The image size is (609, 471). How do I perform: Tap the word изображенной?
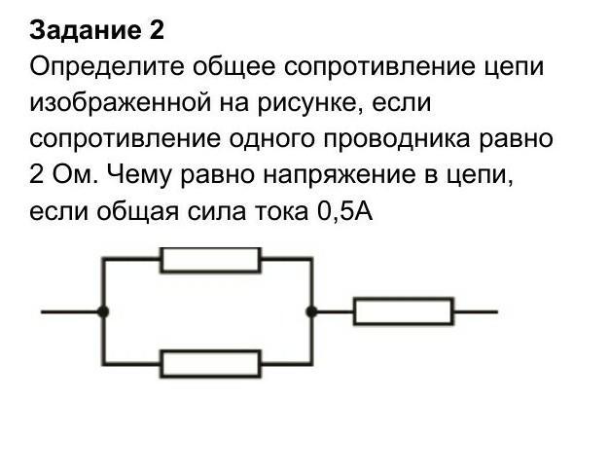click(x=121, y=103)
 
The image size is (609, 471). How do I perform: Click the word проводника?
click(x=397, y=140)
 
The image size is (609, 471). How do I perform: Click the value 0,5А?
click(x=345, y=212)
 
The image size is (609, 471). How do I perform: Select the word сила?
click(x=216, y=212)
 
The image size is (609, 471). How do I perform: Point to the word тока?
click(x=281, y=212)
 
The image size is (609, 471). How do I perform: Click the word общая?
click(x=138, y=212)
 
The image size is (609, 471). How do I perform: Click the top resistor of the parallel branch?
click(x=210, y=260)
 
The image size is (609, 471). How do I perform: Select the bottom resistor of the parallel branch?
click(x=210, y=364)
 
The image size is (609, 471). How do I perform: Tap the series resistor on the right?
click(x=404, y=311)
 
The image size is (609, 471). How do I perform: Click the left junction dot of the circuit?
click(x=103, y=311)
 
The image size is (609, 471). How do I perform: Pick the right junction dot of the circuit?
click(x=311, y=311)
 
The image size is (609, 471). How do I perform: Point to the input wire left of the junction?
click(x=69, y=311)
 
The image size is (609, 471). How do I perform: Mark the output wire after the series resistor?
click(x=476, y=311)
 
